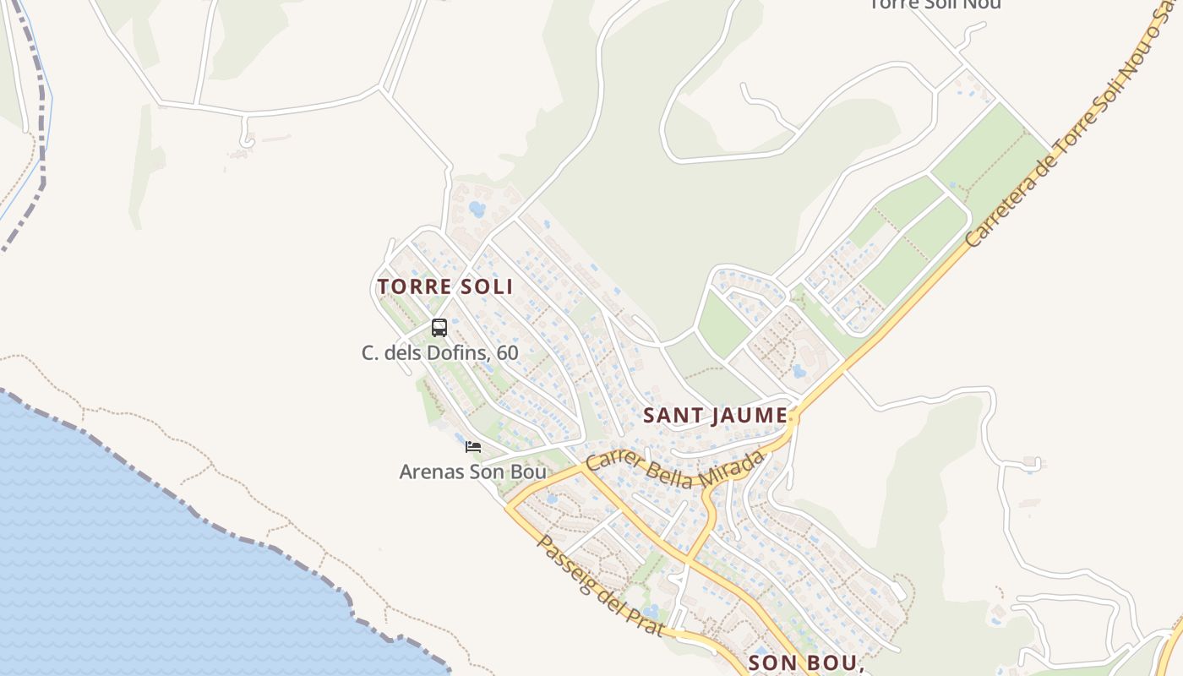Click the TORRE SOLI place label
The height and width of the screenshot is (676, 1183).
445,286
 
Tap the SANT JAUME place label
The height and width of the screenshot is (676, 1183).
715,416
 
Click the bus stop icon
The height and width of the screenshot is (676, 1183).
439,328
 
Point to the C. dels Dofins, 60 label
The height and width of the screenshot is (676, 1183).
439,352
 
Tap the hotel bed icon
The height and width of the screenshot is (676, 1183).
473,446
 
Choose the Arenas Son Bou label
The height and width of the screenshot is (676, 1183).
472,472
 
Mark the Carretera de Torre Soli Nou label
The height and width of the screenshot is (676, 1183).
1073,135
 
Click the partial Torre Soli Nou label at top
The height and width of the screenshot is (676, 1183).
935,4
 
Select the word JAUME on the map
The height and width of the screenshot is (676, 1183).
749,416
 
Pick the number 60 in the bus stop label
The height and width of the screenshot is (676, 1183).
507,352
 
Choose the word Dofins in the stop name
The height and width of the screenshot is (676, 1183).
459,352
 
